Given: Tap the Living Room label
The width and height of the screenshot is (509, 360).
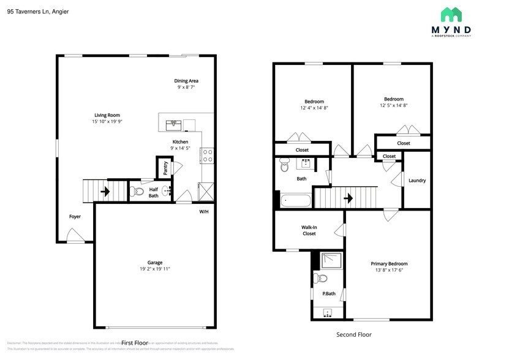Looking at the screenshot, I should click(x=107, y=115).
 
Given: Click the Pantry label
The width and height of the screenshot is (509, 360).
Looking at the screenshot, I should click(x=165, y=166).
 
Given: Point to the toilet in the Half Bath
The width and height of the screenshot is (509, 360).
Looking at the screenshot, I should click(x=138, y=192).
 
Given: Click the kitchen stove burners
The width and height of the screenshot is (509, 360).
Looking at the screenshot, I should click(x=207, y=156).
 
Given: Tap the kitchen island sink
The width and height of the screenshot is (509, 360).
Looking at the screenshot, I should click(x=175, y=124).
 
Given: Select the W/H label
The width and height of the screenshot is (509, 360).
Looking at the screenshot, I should click(x=204, y=212).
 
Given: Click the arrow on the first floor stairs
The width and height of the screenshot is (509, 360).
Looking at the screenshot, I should click(x=105, y=192).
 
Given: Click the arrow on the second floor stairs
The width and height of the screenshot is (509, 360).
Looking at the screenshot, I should click(x=348, y=198).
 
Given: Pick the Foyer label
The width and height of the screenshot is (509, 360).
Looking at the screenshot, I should click(x=75, y=216).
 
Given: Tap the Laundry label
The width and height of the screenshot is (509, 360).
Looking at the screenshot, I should click(x=417, y=181).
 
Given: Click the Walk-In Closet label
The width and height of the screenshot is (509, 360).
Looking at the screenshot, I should click(x=309, y=230).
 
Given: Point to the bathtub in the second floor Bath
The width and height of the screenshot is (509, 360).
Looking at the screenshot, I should click(x=296, y=200).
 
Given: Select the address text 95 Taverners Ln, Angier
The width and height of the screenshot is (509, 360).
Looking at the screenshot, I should click(x=38, y=11).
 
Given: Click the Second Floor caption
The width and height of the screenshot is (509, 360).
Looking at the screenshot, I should click(x=354, y=334).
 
